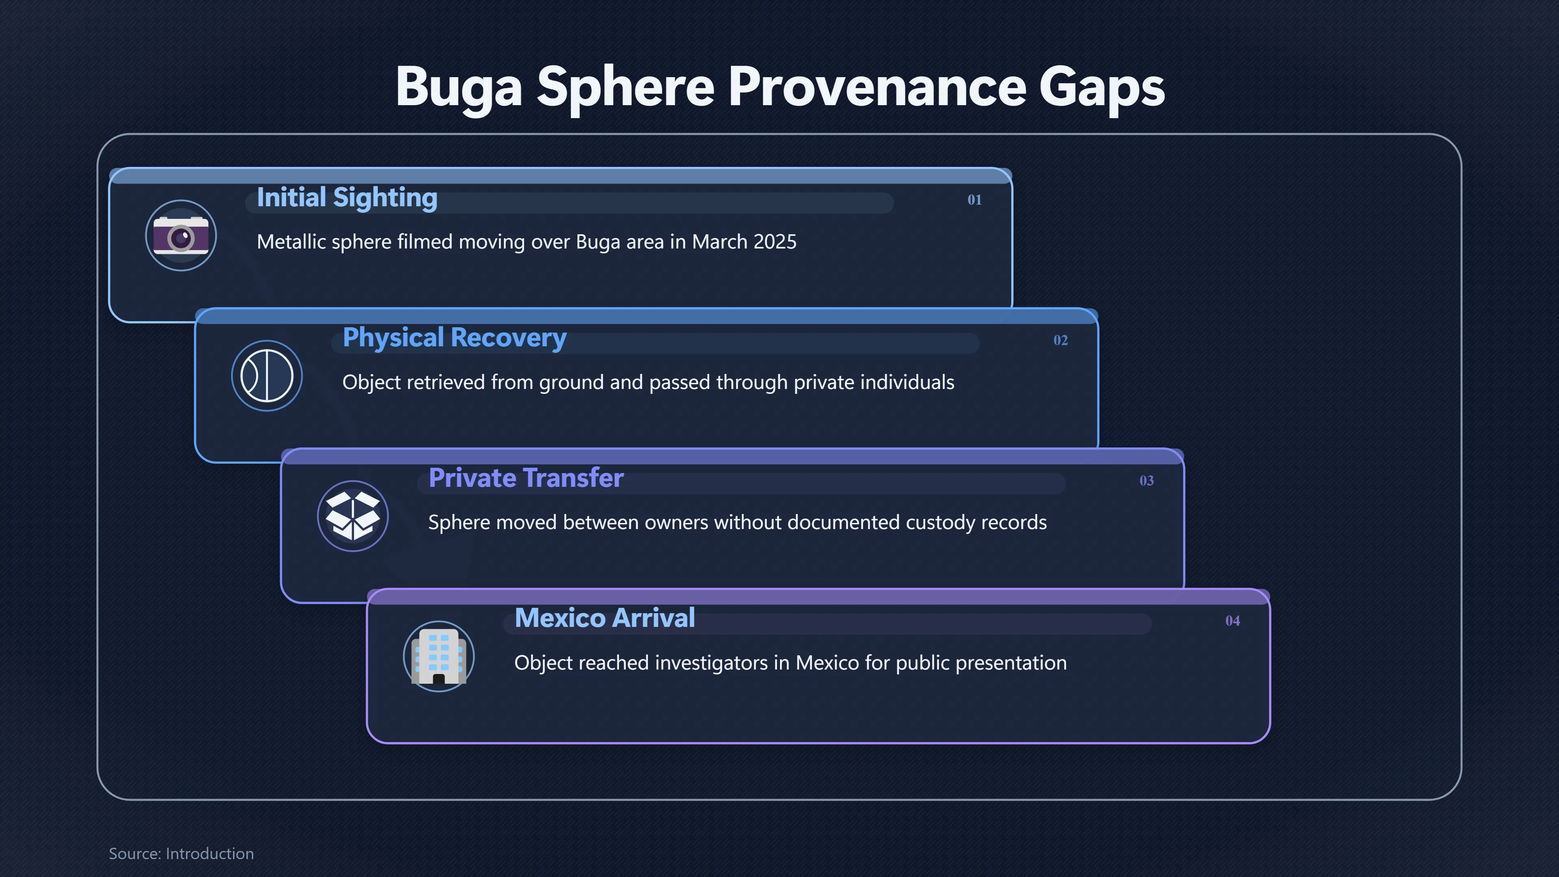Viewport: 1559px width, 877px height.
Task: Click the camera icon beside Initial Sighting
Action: (181, 235)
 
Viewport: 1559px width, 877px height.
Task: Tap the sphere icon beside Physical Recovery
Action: (267, 376)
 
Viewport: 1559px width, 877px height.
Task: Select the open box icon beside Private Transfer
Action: (353, 516)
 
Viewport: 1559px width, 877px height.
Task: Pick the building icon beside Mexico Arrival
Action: (439, 657)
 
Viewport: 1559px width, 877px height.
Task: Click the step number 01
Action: (974, 200)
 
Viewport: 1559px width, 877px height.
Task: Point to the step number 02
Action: (1060, 340)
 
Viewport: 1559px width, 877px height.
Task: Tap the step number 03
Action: (1146, 481)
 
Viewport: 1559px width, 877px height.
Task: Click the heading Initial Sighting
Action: (347, 197)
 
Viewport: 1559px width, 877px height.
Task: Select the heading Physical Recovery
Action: (455, 338)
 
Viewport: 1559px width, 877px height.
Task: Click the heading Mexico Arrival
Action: (605, 618)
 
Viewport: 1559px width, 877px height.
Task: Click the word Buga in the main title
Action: (459, 89)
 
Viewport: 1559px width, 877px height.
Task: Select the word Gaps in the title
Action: (1102, 89)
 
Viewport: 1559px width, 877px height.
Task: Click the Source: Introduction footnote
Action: (181, 853)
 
